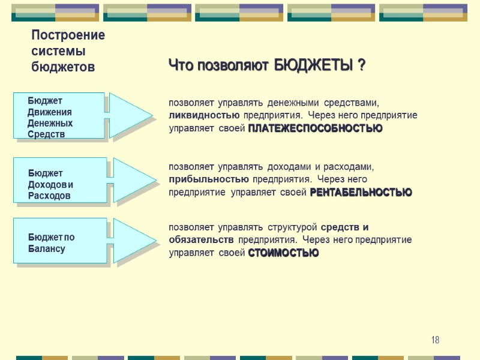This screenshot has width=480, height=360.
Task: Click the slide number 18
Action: [435, 340]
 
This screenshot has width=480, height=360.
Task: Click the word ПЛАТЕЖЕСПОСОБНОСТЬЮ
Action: [315, 128]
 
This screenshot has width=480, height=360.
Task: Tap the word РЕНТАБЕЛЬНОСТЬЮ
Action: [361, 193]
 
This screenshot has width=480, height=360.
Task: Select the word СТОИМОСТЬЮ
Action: [283, 253]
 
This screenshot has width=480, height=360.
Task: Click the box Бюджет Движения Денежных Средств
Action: [59, 116]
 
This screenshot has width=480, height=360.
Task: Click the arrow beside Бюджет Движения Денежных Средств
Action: [129, 115]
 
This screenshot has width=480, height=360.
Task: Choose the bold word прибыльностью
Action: [208, 179]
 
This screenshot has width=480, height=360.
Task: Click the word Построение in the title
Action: [68, 35]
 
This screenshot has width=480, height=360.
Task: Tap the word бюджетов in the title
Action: [63, 67]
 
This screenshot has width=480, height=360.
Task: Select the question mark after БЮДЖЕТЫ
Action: [362, 65]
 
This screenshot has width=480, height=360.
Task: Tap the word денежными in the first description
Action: [291, 102]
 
